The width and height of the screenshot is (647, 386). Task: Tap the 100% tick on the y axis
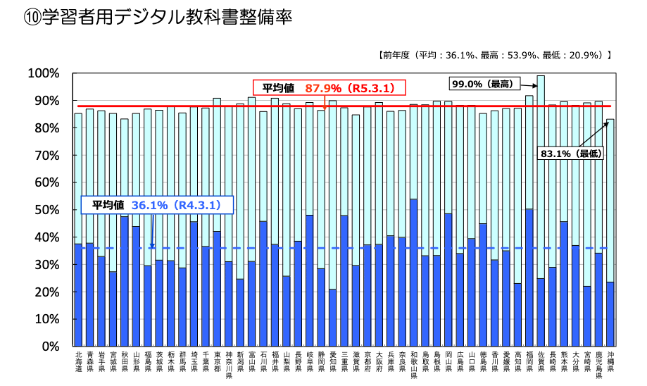[44, 73]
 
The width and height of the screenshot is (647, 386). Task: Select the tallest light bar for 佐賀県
[541, 176]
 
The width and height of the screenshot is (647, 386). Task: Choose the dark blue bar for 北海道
[78, 295]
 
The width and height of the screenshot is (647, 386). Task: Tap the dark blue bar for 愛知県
[332, 318]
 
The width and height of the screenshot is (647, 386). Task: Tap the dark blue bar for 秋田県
[125, 282]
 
